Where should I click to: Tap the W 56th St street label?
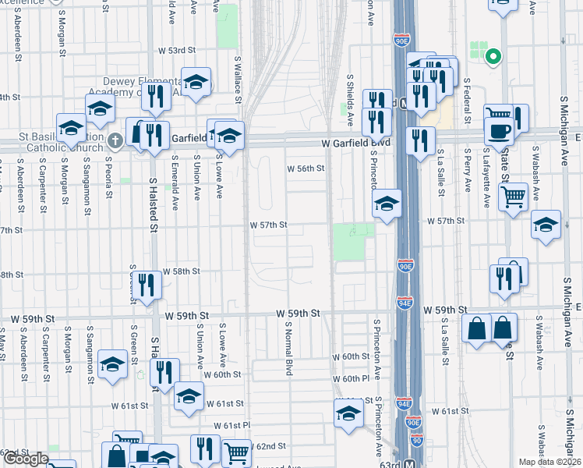coord(305,168)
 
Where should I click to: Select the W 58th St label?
coord(182,271)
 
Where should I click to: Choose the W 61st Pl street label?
coord(231,426)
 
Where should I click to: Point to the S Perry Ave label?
coord(467,172)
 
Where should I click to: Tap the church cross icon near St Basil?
coord(115,141)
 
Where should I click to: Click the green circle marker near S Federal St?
coord(492,56)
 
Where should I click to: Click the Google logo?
coord(26,459)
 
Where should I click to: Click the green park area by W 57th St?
coord(348,242)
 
